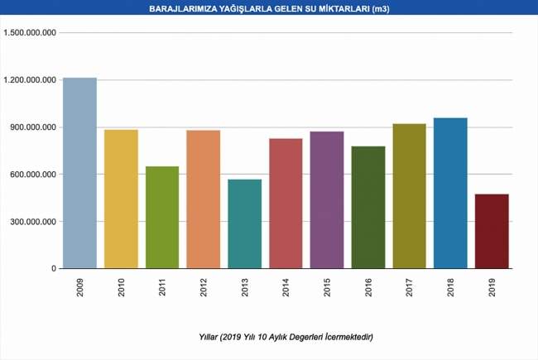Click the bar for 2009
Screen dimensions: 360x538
point(79,173)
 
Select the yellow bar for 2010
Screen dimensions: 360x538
point(121,199)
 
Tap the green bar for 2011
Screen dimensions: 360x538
point(162,217)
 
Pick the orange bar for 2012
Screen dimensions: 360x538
point(204,199)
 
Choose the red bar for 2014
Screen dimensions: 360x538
point(286,203)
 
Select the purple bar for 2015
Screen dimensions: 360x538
point(327,199)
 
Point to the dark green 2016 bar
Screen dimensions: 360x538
point(368,207)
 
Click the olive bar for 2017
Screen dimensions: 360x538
point(410,196)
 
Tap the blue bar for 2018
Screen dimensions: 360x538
point(450,193)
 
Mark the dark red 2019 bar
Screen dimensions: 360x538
point(492,231)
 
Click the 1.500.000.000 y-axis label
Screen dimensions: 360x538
point(30,33)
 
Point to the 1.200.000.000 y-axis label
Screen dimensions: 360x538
point(30,80)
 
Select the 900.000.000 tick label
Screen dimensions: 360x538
point(34,127)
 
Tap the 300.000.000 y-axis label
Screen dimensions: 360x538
point(34,222)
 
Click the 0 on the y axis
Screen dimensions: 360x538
point(53,269)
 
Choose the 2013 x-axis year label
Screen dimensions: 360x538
point(246,287)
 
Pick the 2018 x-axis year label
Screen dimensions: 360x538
point(451,287)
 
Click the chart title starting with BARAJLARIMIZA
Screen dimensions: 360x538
point(269,8)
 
